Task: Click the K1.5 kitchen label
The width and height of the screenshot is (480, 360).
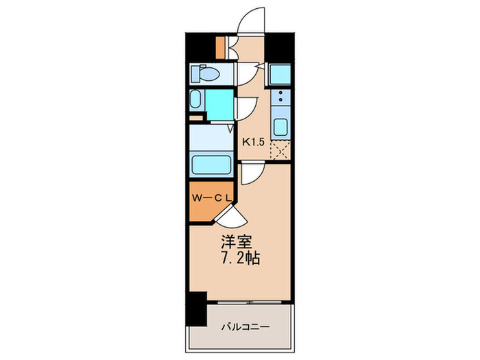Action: [x=253, y=142]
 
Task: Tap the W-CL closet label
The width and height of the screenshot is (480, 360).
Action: [x=211, y=198]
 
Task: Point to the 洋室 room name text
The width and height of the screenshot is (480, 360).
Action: [x=237, y=242]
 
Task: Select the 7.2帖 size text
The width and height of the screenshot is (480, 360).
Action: [x=240, y=259]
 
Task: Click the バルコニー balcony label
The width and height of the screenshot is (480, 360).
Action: [x=245, y=327]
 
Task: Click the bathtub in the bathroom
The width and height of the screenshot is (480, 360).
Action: [x=211, y=165]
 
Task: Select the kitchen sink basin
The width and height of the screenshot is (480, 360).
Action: [x=280, y=127]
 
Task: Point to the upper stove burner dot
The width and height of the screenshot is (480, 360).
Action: [x=280, y=93]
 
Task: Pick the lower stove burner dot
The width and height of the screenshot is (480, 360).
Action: [x=280, y=99]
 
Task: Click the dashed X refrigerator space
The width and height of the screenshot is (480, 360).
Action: [x=280, y=150]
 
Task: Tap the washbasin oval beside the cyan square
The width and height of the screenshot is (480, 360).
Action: [x=195, y=99]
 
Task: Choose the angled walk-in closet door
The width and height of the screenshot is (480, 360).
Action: [x=230, y=215]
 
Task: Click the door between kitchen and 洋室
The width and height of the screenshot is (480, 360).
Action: [x=252, y=173]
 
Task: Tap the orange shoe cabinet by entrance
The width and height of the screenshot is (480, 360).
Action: [x=220, y=47]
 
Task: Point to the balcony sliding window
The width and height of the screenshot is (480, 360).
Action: [x=249, y=302]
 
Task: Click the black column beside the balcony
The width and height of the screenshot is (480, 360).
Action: [x=196, y=309]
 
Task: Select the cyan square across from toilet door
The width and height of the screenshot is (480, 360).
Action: [x=280, y=74]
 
